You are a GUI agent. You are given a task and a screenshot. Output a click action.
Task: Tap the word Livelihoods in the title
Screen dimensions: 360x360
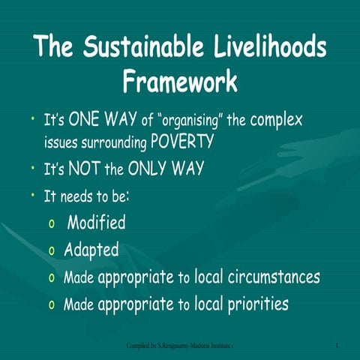262,48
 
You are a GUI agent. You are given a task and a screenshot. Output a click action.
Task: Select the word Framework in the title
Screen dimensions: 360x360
180,79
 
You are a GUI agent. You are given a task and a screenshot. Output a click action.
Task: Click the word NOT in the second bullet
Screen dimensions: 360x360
86,168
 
